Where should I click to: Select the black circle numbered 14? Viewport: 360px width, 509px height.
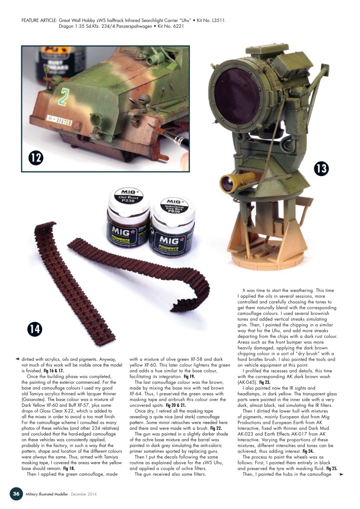tap(35, 329)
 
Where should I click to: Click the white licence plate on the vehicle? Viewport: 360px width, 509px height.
tap(60, 120)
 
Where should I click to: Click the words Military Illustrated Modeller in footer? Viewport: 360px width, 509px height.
tap(48, 494)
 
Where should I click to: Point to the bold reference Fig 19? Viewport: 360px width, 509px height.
tap(189, 376)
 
